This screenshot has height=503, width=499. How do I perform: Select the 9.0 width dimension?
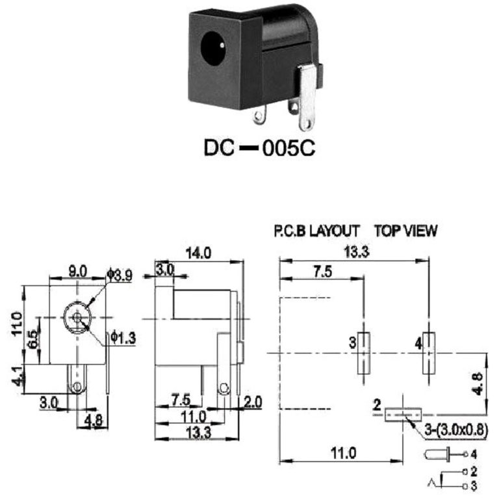click(x=77, y=267)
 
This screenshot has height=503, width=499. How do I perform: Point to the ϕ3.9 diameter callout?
click(x=120, y=275)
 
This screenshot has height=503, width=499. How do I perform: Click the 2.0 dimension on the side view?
click(x=250, y=403)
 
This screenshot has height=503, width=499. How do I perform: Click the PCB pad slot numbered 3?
click(x=364, y=354)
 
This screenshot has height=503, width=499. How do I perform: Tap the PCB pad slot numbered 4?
click(x=428, y=354)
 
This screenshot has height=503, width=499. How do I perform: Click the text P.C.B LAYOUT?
click(x=316, y=230)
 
